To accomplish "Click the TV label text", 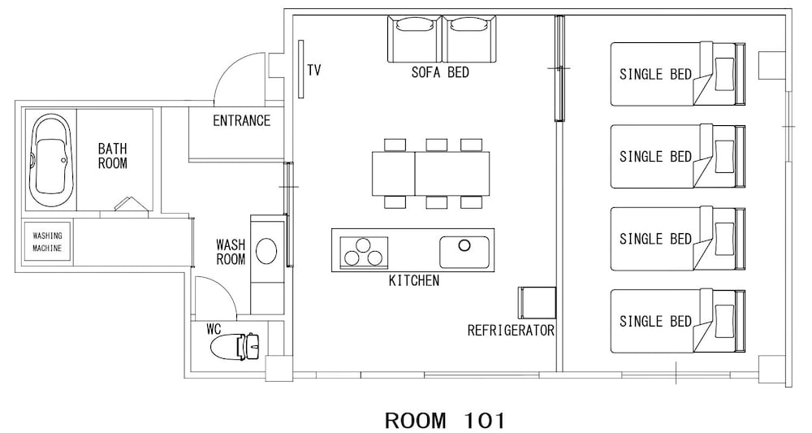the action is tap(313, 70).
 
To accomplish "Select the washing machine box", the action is tap(48, 241).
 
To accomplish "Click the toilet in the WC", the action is tap(235, 345).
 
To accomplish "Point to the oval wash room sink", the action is tap(266, 251).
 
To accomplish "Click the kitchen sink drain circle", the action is tap(464, 245).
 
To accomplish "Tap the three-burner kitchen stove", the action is tap(364, 252).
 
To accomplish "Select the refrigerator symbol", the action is tap(537, 302).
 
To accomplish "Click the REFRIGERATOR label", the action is tap(511, 331).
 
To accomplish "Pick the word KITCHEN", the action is tap(414, 281).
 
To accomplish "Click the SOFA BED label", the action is tap(440, 72).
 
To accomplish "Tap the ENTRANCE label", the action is tap(242, 121).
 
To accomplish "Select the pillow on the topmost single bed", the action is tap(724, 74).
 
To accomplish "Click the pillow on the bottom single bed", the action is tap(724, 321).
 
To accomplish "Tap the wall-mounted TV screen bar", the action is tap(300, 69).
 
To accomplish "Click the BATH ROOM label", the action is tap(112, 156).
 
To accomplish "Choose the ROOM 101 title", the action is tap(445, 420).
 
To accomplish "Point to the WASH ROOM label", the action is tap(231, 252).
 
